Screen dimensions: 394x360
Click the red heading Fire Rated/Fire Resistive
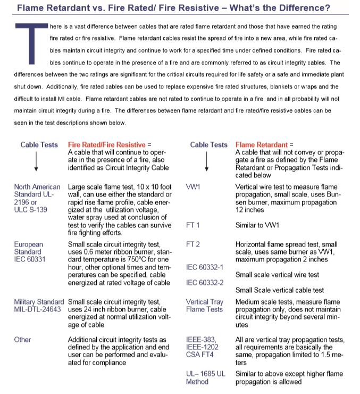(x=107, y=145)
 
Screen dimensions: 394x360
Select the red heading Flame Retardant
(x=261, y=145)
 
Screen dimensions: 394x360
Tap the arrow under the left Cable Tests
(x=36, y=161)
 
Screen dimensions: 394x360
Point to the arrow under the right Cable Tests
(x=206, y=161)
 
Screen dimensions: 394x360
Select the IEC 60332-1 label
(x=205, y=267)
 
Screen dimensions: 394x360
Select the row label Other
(x=23, y=340)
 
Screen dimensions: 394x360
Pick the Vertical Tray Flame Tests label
(x=204, y=306)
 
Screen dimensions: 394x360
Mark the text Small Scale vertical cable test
(x=280, y=290)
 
